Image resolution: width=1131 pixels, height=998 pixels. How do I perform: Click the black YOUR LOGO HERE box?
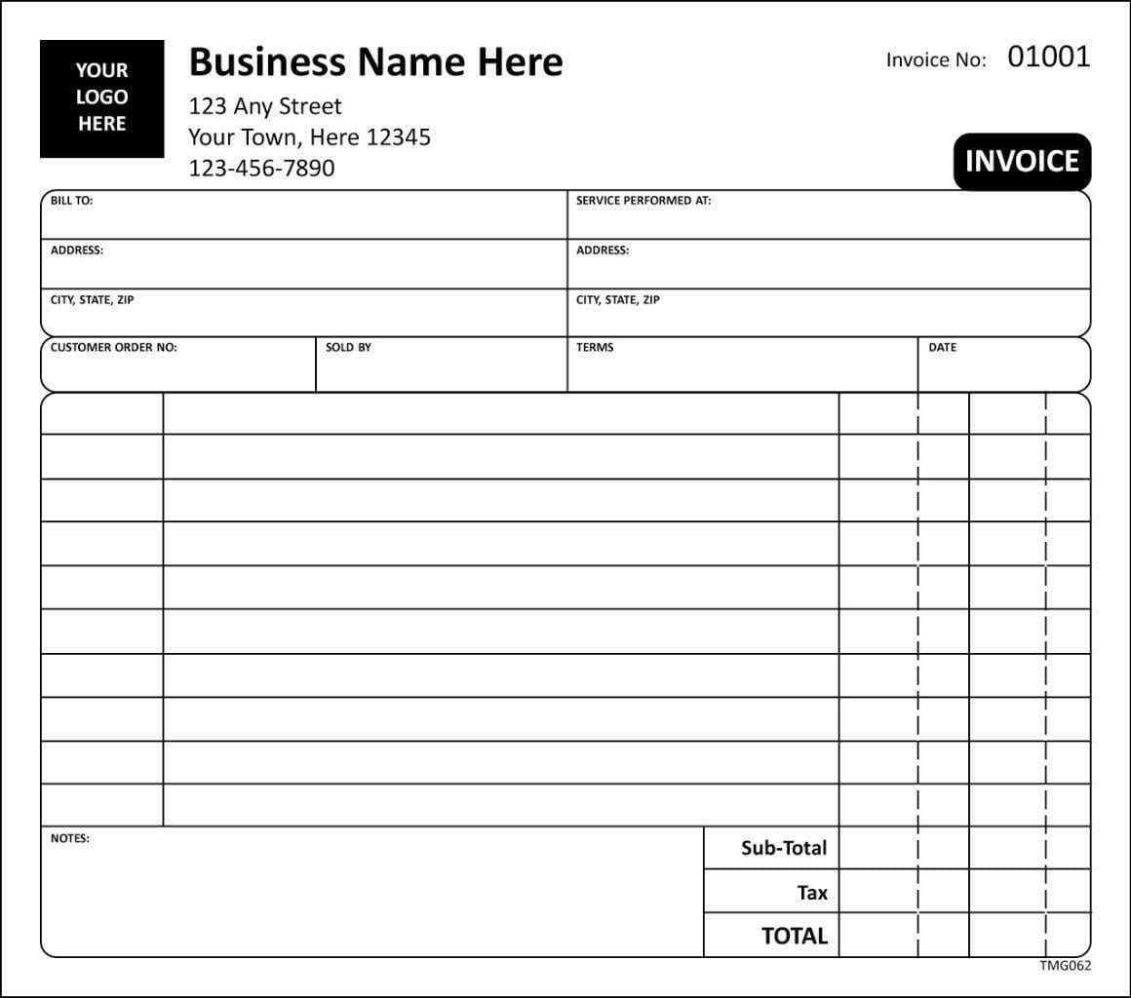pos(102,97)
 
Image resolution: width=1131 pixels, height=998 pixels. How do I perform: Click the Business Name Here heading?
pos(375,62)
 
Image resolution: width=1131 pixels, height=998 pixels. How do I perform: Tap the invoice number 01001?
pos(1048,57)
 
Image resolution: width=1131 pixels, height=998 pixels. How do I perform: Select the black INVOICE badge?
pos(1022,161)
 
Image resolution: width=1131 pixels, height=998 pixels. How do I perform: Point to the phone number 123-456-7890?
pos(261,168)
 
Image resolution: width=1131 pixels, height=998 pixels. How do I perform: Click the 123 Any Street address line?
pos(265,105)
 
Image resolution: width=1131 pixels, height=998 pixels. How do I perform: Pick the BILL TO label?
pos(72,201)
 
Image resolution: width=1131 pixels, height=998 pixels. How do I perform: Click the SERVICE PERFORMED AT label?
pos(643,201)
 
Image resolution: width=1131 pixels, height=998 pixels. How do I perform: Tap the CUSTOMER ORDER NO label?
pos(114,347)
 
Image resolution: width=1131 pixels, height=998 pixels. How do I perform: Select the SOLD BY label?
pos(348,347)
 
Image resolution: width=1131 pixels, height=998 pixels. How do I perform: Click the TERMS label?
pos(595,347)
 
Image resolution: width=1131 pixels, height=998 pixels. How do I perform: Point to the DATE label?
pos(943,347)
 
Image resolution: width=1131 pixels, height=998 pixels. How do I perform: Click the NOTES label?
pos(70,838)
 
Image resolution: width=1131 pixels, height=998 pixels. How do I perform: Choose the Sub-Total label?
pos(784,848)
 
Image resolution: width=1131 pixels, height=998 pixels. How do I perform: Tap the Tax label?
pos(812,892)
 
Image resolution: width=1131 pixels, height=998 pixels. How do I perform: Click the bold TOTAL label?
pos(794,936)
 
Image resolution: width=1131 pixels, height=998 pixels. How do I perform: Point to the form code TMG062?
pos(1065,966)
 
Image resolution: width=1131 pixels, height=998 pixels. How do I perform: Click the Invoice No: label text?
pos(936,59)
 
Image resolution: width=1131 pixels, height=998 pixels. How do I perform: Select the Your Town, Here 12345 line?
pos(309,137)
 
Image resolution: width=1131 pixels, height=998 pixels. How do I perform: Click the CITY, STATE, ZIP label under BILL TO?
pos(93,299)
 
